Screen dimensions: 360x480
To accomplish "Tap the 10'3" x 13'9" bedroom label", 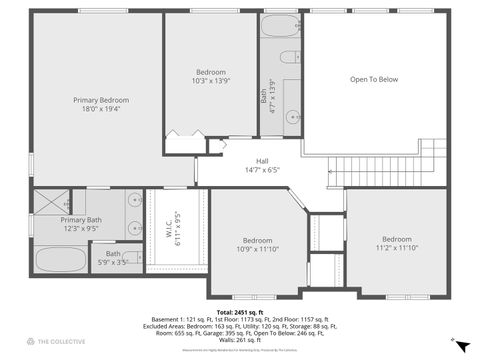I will [x=210, y=77].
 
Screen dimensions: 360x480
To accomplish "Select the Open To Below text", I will [x=373, y=79].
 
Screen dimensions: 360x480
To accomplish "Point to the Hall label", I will [x=262, y=165].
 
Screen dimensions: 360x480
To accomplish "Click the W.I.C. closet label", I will [x=174, y=228].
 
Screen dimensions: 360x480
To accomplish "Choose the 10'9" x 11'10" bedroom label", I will [x=257, y=245].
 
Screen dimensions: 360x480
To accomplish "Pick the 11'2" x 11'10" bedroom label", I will [x=396, y=244].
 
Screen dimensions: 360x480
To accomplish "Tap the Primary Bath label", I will [x=81, y=224].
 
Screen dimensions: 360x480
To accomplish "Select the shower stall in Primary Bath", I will [x=48, y=201].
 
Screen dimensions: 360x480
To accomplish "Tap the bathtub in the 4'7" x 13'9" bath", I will [x=281, y=27].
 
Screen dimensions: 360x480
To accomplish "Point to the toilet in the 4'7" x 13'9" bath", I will [x=289, y=57].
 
